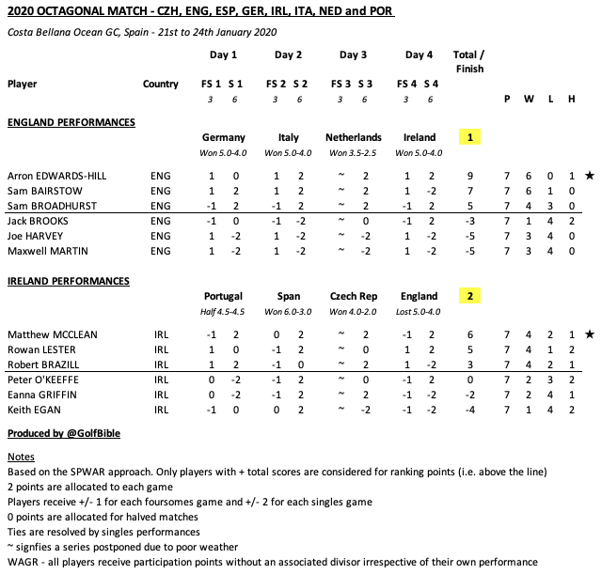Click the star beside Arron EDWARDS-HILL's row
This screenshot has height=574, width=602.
pyautogui.click(x=589, y=176)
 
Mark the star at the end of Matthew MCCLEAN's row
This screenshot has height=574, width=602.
pyautogui.click(x=589, y=334)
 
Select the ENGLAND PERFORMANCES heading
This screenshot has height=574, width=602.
pyautogui.click(x=71, y=123)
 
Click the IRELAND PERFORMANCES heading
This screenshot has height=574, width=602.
pyautogui.click(x=68, y=282)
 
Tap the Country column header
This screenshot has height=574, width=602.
pyautogui.click(x=161, y=85)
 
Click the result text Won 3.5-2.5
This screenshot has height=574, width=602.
pyautogui.click(x=354, y=153)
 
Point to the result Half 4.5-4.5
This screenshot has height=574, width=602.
pyautogui.click(x=223, y=312)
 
